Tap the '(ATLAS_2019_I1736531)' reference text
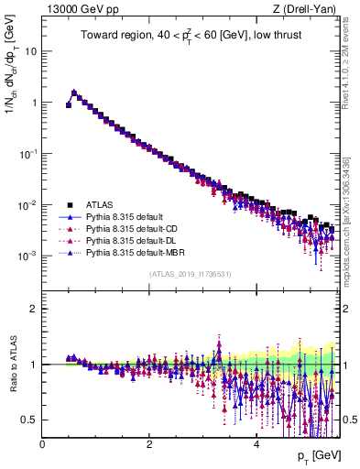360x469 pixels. [191, 274]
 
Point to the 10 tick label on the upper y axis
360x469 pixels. [30, 51]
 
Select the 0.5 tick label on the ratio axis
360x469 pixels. [29, 420]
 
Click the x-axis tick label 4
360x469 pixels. [256, 445]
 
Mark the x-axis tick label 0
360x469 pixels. [43, 445]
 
